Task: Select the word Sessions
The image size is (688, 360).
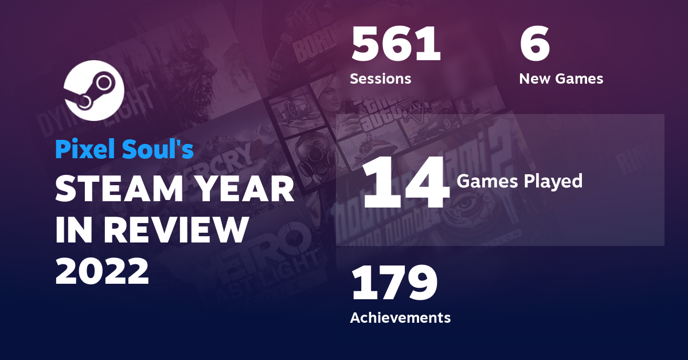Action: [x=380, y=79]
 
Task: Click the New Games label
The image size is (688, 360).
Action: [x=561, y=79]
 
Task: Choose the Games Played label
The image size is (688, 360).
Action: [x=519, y=182]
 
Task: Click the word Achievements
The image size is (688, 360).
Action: [x=400, y=317]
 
